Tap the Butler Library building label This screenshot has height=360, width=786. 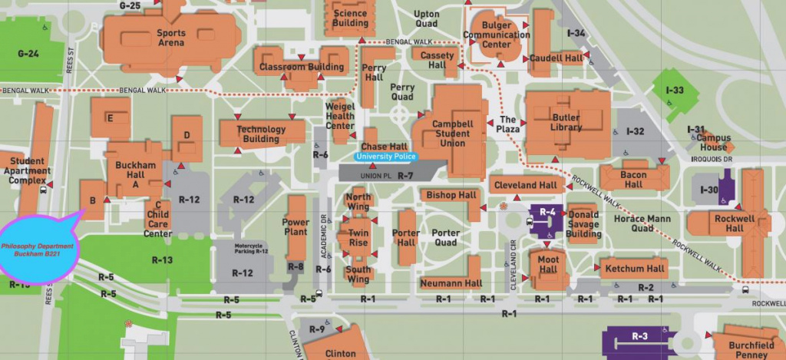[566, 122]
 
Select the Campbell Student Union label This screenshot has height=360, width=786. [452, 134]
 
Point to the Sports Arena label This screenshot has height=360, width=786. [170, 38]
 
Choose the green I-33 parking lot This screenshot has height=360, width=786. [674, 91]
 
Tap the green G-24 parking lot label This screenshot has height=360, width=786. [28, 54]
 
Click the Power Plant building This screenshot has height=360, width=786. [296, 228]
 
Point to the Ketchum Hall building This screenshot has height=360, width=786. [635, 269]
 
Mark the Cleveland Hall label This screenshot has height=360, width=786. [525, 185]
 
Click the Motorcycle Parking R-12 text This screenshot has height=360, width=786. [251, 248]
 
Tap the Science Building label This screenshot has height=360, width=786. [350, 18]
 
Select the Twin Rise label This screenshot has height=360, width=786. [358, 237]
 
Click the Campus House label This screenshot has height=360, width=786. [712, 142]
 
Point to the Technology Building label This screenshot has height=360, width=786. [261, 134]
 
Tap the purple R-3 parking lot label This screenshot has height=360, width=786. [639, 336]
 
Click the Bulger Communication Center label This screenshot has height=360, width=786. [497, 35]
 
